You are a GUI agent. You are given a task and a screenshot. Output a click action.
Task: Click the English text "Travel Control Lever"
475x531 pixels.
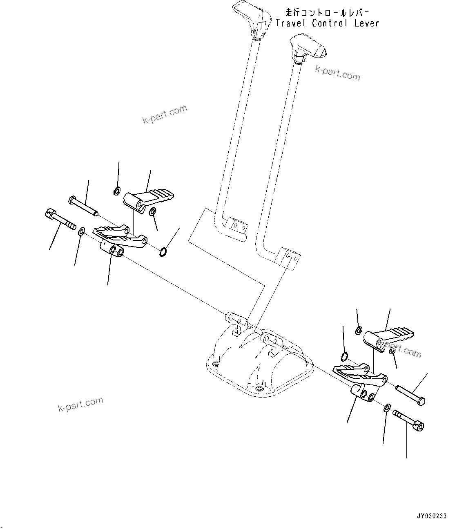coord(327,23)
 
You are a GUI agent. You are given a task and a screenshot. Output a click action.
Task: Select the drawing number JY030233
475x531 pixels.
coord(432,516)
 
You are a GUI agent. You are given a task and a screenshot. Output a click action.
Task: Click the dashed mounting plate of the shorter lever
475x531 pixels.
coord(288,259)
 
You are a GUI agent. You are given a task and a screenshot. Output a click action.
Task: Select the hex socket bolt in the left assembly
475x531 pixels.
coord(60,220)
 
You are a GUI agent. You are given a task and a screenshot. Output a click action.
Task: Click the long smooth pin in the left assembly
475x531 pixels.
coord(83,206)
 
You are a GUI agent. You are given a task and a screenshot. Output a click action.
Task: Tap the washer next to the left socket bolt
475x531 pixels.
coord(81,232)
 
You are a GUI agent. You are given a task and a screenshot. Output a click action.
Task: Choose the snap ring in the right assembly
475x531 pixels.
coord(344,357)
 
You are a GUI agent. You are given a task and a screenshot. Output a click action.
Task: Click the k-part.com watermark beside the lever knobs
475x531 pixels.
coord(337,73)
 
